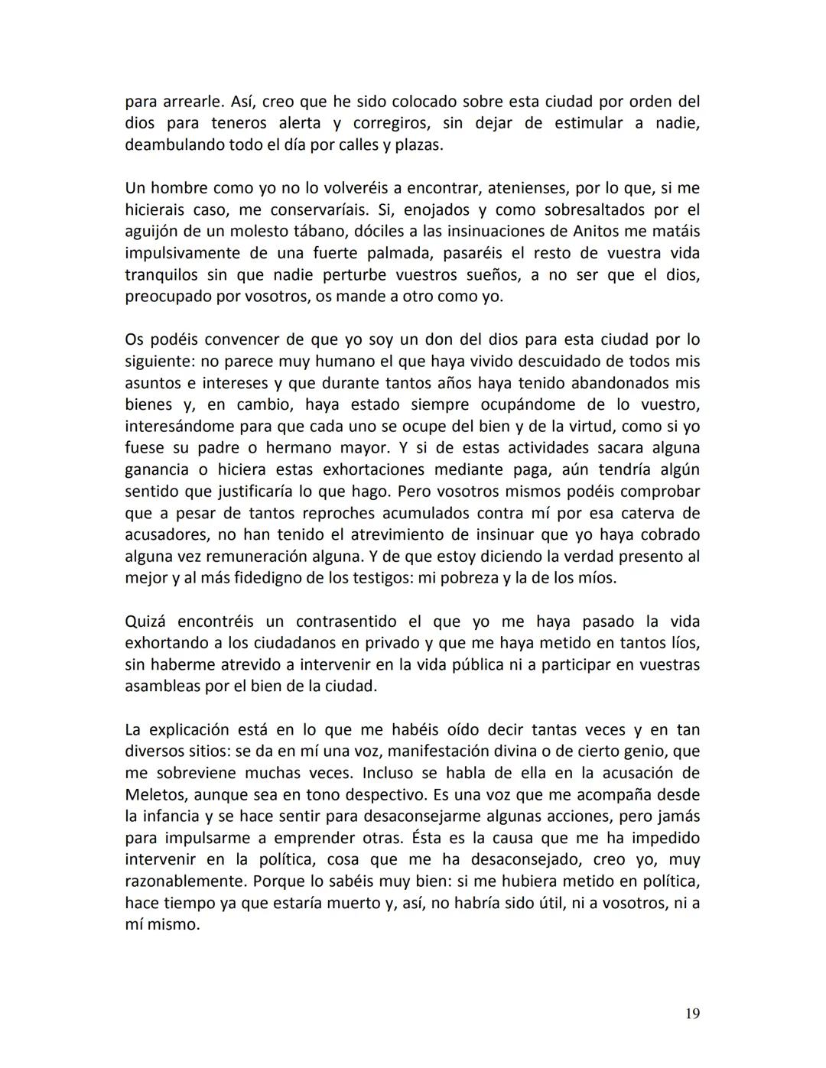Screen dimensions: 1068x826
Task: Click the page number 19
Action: pos(692,1014)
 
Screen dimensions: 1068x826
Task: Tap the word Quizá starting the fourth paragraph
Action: pos(145,622)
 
